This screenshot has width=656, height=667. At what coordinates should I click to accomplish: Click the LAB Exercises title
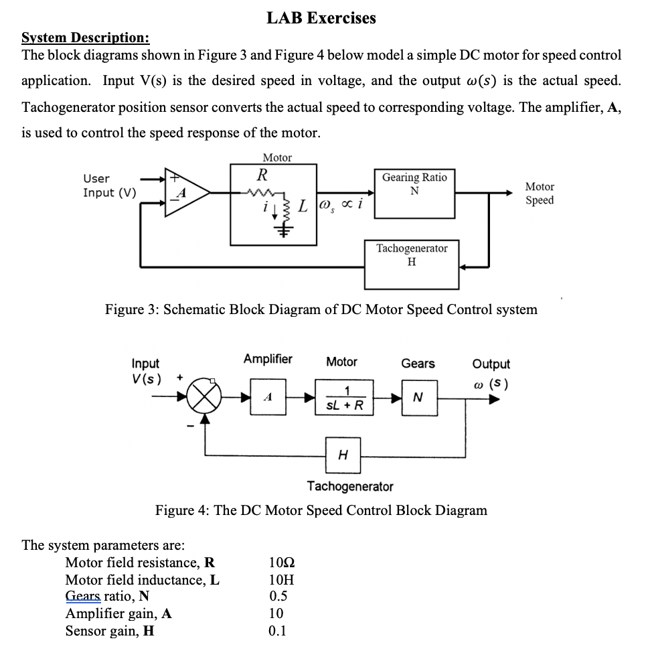[x=321, y=18]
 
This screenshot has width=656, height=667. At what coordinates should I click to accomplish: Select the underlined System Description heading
[x=86, y=38]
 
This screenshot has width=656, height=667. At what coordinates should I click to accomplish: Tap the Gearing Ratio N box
[x=414, y=193]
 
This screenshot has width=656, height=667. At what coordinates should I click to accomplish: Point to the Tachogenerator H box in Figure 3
[x=412, y=264]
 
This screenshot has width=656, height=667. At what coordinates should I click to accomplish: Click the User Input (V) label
[x=109, y=186]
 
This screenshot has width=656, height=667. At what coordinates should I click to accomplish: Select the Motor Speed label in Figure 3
[x=539, y=193]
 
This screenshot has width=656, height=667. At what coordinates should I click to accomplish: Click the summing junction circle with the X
[x=205, y=398]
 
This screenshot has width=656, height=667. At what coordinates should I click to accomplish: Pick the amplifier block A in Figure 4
[x=268, y=397]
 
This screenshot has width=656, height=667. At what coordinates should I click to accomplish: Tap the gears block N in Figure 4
[x=418, y=398]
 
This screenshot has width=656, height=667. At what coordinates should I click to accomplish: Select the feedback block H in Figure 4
[x=343, y=455]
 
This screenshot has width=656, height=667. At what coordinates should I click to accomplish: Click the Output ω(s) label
[x=491, y=374]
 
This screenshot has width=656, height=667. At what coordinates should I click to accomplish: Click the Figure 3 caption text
[x=321, y=309]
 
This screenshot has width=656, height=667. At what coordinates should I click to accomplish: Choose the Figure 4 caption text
[x=321, y=510]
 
